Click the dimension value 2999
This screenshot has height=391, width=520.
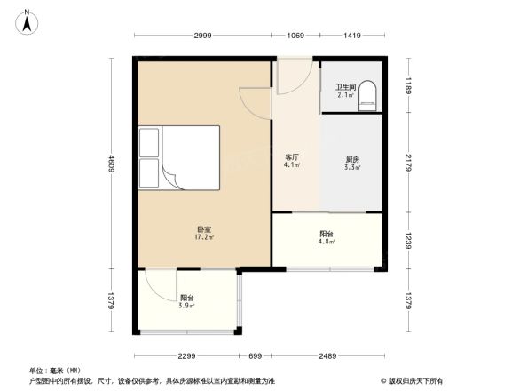point(202,36)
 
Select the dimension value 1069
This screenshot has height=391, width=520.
point(295,36)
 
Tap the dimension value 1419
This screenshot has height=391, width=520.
point(351,36)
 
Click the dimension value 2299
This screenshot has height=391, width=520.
point(185,356)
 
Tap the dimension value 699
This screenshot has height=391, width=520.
point(256,356)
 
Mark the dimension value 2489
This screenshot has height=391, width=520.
point(327,356)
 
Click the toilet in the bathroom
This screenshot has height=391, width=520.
point(367,96)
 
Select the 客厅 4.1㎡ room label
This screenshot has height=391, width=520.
point(291,161)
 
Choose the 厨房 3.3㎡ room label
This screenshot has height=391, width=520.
point(351,163)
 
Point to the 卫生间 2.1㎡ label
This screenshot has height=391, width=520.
point(344,90)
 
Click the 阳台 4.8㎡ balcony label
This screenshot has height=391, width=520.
point(327,237)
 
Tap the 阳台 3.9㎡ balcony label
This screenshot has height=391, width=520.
point(186,301)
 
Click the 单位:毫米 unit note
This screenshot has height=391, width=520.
point(54,370)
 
